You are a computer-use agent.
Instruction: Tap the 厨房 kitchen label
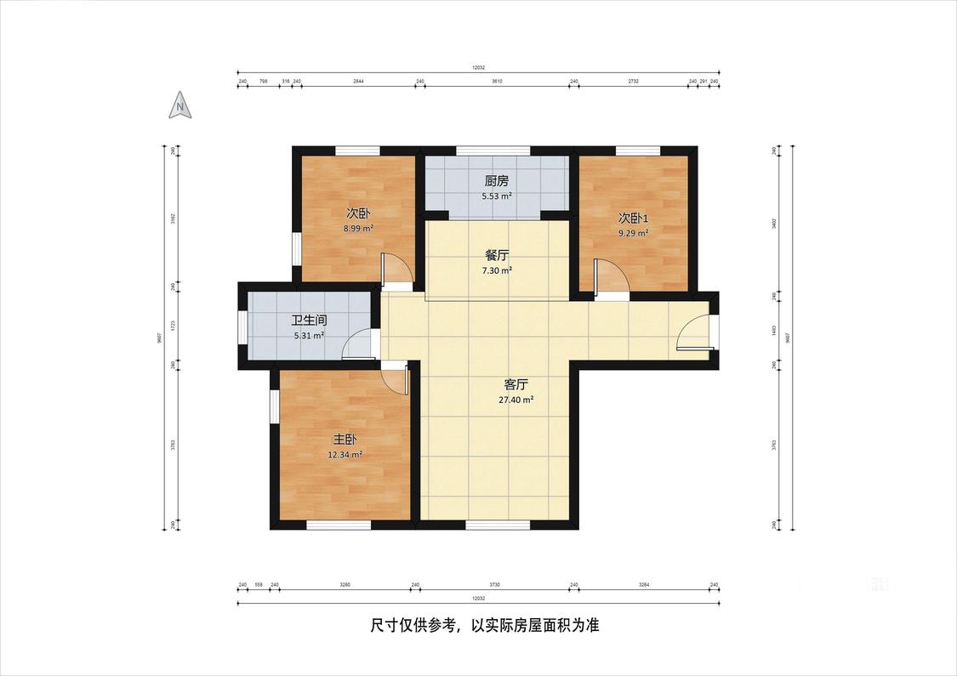pyautogui.click(x=497, y=181)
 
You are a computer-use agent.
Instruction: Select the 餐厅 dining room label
pyautogui.click(x=497, y=255)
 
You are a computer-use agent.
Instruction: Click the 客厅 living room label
pyautogui.click(x=516, y=383)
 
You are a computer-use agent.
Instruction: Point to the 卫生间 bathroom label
pyautogui.click(x=309, y=321)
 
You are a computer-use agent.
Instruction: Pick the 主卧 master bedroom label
pyautogui.click(x=345, y=440)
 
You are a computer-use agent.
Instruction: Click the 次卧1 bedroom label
pyautogui.click(x=633, y=217)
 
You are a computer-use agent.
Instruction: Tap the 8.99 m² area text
pyautogui.click(x=358, y=229)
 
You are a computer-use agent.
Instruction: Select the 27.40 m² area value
pyautogui.click(x=516, y=400)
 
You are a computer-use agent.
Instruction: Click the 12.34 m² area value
pyautogui.click(x=345, y=455)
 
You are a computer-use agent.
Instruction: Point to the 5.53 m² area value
pyautogui.click(x=497, y=196)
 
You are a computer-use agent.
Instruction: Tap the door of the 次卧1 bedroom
pyautogui.click(x=611, y=278)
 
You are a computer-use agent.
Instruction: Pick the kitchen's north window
pyautogui.click(x=480, y=151)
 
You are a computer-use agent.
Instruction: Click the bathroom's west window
pyautogui.click(x=242, y=327)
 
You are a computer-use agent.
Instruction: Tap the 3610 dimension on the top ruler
pyautogui.click(x=497, y=82)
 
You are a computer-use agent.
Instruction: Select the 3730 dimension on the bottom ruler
pyautogui.click(x=494, y=585)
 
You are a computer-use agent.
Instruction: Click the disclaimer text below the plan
pyautogui.click(x=485, y=626)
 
